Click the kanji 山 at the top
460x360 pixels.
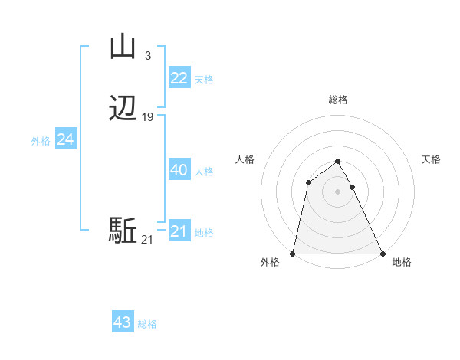click(123, 47)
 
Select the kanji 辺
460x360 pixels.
click(123, 109)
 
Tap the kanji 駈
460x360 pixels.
click(123, 231)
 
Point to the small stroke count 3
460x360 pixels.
click(148, 55)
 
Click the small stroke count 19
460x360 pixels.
click(148, 117)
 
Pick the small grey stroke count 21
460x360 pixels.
click(147, 241)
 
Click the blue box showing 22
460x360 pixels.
click(179, 78)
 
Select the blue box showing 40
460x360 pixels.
click(179, 170)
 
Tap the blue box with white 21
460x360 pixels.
click(179, 231)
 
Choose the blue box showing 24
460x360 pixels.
click(66, 139)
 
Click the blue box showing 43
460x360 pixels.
click(123, 322)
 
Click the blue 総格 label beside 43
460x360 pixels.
click(147, 324)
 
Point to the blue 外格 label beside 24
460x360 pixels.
click(41, 141)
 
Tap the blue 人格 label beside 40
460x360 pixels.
click(205, 172)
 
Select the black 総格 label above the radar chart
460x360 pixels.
click(337, 100)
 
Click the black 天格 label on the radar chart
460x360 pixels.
click(432, 159)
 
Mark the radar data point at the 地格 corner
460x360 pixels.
click(382, 254)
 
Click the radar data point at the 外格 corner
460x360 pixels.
click(293, 254)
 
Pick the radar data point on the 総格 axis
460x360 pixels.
click(337, 161)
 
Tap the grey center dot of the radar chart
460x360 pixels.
click(337, 191)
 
